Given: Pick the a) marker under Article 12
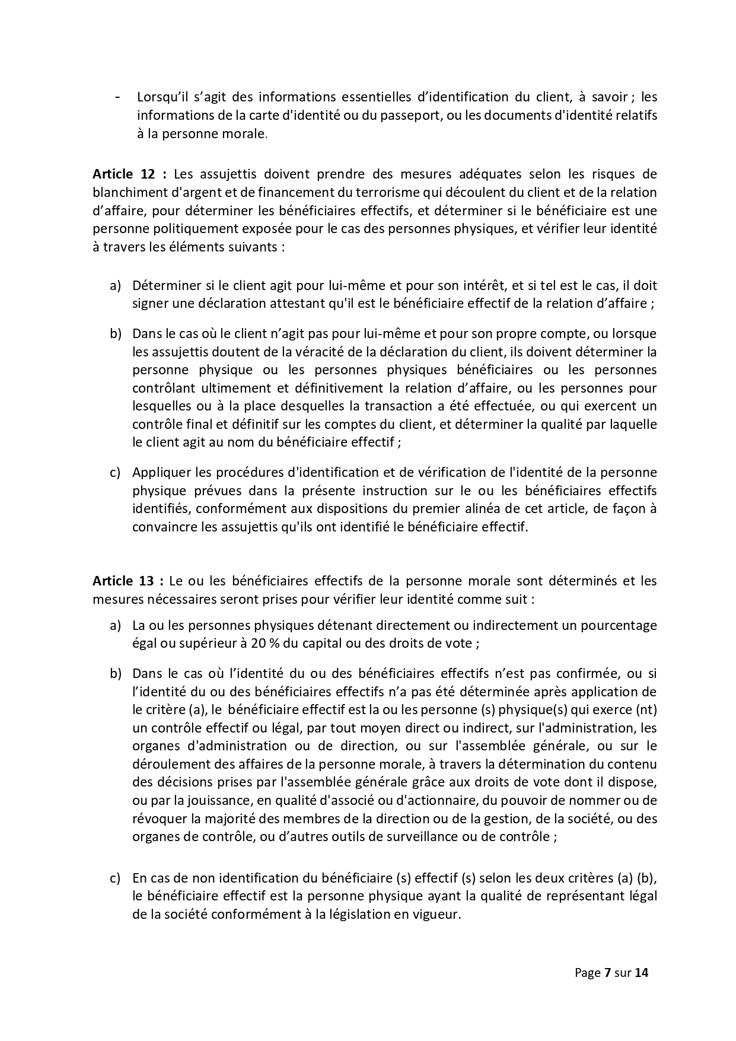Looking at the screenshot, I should [115, 286].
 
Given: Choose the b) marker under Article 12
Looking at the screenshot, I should [115, 334].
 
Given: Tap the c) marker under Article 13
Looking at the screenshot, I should [115, 878].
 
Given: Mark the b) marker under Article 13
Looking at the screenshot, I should [115, 674].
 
